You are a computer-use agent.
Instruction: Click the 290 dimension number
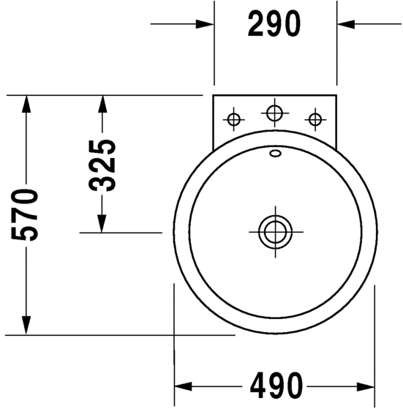coord(274,24)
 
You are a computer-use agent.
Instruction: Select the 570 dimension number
coord(25,214)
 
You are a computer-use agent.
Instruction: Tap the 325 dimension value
coord(102,165)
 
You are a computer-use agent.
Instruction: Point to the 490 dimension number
coord(276,386)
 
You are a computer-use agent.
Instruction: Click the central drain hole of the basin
coord(275,232)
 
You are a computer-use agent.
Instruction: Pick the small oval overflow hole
coord(275,154)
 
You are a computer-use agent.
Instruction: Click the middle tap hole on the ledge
coord(274,113)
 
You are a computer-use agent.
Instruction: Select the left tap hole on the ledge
coord(233,120)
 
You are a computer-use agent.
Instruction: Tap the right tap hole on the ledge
coord(315,120)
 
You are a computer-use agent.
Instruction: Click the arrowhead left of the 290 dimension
coord(205,24)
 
